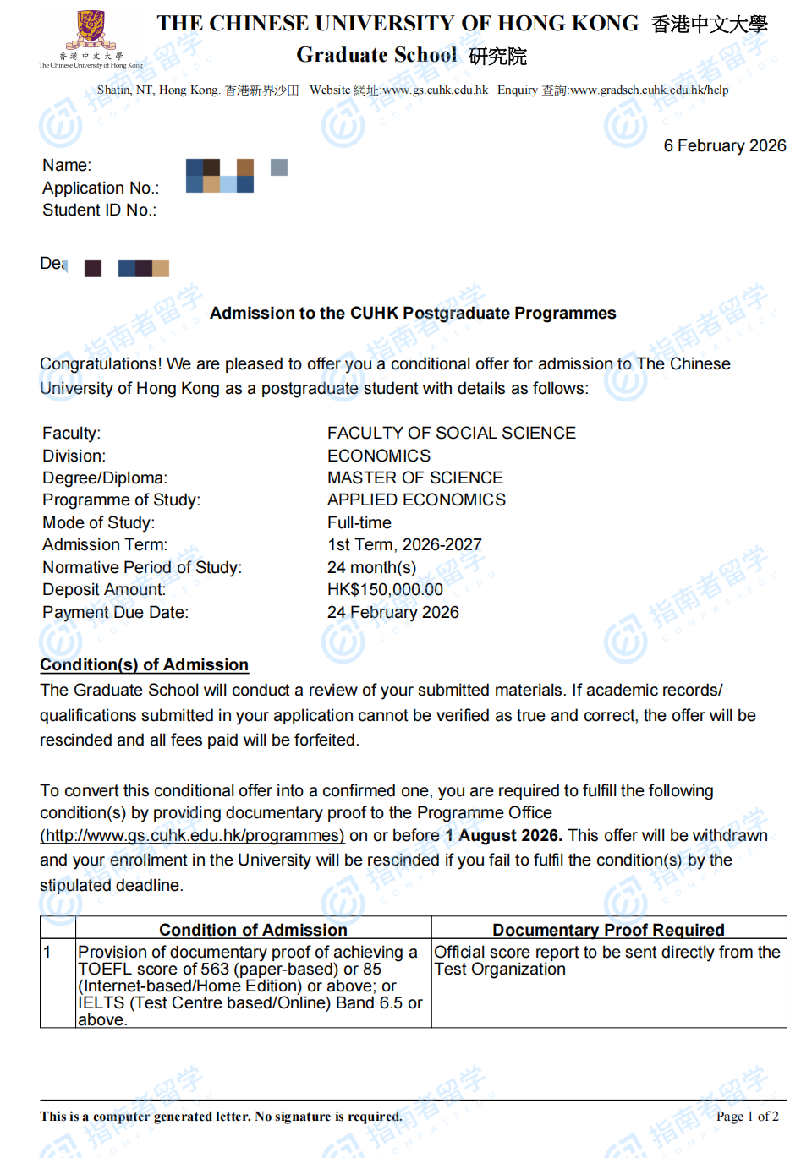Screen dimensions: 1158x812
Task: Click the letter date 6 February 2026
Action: click(x=724, y=146)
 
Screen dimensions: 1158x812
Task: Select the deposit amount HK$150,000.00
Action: click(x=385, y=590)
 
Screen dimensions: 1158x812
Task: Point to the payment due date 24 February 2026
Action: click(x=392, y=613)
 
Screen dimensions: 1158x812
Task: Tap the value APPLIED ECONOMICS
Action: click(x=416, y=500)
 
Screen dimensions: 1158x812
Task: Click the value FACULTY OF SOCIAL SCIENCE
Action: click(x=451, y=434)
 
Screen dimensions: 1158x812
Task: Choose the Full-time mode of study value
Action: click(x=359, y=523)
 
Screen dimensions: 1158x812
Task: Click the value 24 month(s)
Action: click(x=371, y=568)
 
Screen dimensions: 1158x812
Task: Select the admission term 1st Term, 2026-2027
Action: click(x=404, y=545)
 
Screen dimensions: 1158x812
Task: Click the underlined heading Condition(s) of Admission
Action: click(x=144, y=665)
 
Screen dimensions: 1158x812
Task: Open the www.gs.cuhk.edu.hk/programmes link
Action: click(x=192, y=836)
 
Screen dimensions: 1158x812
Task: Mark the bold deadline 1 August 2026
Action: click(x=503, y=836)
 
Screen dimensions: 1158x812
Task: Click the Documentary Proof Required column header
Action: click(x=608, y=930)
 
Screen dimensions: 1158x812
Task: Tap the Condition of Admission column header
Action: click(x=253, y=930)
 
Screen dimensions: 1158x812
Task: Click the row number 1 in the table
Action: click(x=47, y=953)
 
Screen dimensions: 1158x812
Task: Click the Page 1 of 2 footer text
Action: click(x=747, y=1117)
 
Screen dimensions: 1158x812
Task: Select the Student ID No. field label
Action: click(x=99, y=210)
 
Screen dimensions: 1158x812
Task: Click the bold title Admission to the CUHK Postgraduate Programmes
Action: click(x=413, y=314)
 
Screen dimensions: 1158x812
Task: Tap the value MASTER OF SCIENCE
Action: click(x=414, y=478)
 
